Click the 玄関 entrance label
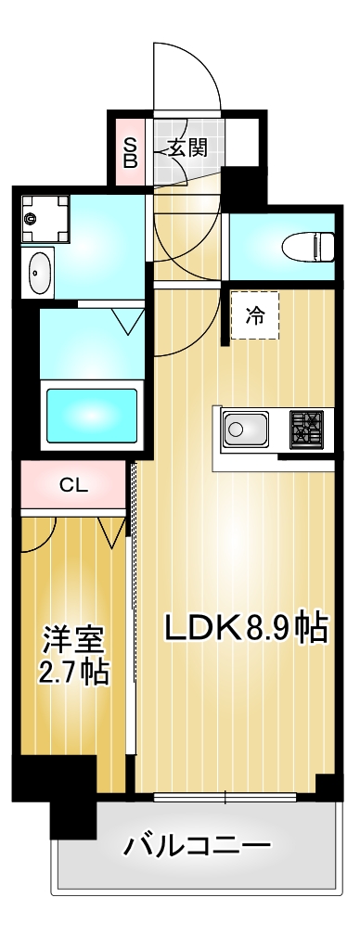click(x=186, y=147)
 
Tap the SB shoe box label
click(x=131, y=151)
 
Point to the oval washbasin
click(x=39, y=274)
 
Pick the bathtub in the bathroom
click(x=92, y=412)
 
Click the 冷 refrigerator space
click(x=254, y=315)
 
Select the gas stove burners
click(x=305, y=430)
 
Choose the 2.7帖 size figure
click(x=73, y=672)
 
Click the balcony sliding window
click(x=225, y=796)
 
